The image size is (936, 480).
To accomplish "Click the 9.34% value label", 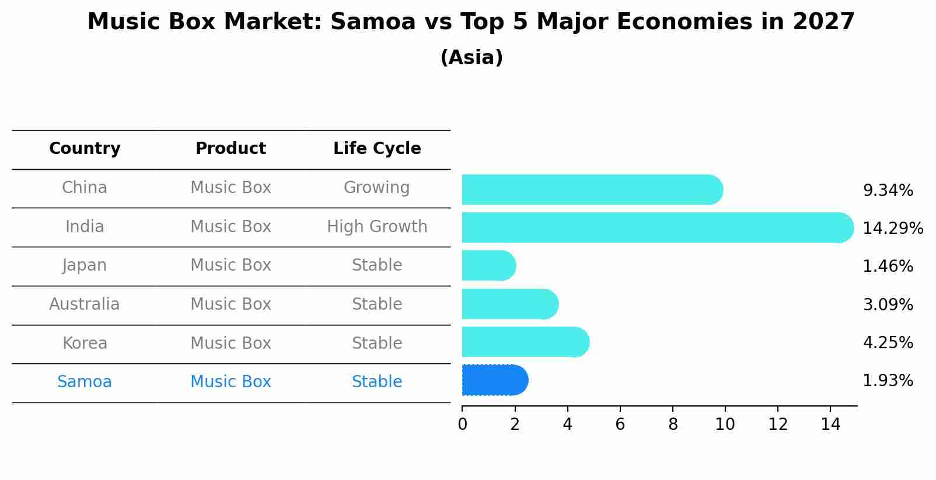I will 888,191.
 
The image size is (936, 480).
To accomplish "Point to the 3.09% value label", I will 888,304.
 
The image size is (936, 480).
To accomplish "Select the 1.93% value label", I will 888,381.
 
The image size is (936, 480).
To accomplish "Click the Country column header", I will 85,149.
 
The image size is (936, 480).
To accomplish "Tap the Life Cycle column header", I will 377,149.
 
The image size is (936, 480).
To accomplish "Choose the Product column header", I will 230,149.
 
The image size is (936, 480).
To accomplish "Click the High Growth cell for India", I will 377,227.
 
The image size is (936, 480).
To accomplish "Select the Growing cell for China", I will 376,188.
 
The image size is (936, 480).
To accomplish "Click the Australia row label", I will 85,304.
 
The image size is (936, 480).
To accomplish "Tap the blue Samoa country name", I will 85,382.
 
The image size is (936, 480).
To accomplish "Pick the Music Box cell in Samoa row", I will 230,382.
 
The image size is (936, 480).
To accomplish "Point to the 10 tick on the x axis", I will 725,425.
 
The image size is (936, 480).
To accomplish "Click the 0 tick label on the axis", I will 462,425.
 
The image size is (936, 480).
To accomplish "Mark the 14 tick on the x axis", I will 830,425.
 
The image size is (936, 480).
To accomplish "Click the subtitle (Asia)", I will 472,58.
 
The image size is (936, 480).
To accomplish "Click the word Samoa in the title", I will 372,22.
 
